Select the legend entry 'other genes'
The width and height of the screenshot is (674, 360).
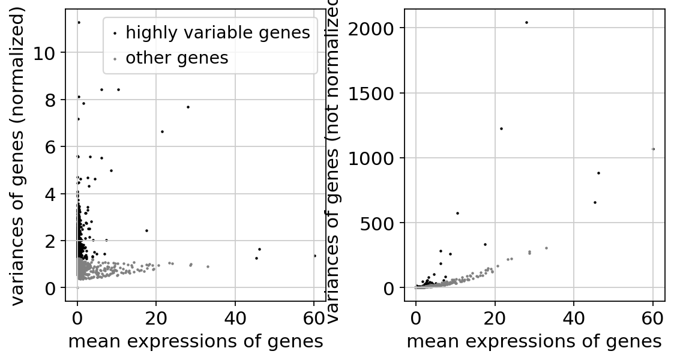(x=176, y=58)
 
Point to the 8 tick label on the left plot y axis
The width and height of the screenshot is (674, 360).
(x=52, y=100)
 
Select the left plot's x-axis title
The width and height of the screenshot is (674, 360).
(x=196, y=341)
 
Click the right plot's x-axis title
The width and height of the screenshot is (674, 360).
(x=534, y=341)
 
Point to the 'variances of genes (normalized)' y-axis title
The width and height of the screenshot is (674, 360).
(x=19, y=155)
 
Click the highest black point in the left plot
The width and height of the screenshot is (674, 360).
(x=79, y=22)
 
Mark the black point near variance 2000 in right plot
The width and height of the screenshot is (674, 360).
(x=526, y=22)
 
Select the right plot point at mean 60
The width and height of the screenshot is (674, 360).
(x=653, y=149)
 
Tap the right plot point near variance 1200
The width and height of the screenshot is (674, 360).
(x=501, y=128)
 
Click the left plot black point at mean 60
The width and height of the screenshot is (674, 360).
(x=314, y=256)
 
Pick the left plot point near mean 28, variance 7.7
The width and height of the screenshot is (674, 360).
(x=188, y=107)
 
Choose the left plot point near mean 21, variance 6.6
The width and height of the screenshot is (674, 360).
(x=162, y=131)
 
